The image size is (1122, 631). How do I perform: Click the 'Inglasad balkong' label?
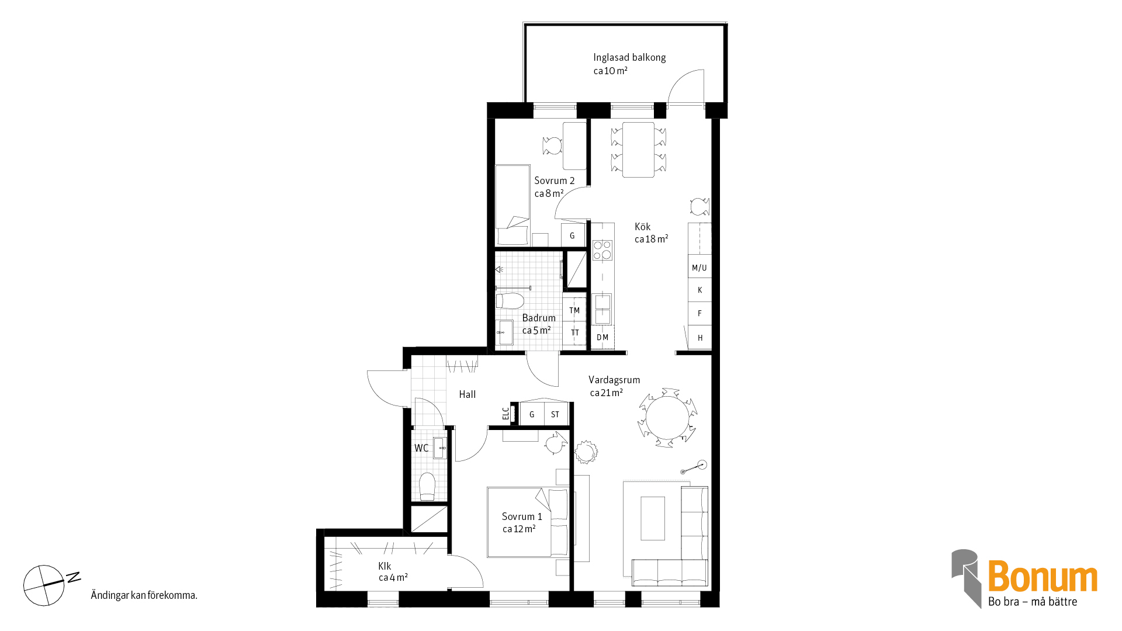tap(629, 57)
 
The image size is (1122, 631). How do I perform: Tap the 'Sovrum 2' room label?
tap(554, 181)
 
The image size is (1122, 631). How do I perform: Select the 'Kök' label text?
tap(642, 227)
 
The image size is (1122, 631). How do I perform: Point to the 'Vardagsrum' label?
tap(614, 380)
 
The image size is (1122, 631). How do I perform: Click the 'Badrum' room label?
tap(539, 318)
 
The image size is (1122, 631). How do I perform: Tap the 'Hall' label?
tap(467, 394)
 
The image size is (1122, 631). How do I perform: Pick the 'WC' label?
tap(421, 448)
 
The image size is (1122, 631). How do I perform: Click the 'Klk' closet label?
tap(385, 566)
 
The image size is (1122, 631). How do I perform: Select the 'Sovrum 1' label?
tap(522, 516)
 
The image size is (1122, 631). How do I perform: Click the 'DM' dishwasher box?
tap(602, 337)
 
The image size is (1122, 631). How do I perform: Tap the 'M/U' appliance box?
tap(699, 268)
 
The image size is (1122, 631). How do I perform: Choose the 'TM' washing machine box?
tap(574, 310)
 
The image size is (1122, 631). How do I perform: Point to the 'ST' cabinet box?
tap(556, 414)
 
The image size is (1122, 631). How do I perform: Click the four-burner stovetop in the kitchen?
tap(602, 250)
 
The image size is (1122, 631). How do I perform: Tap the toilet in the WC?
tap(427, 486)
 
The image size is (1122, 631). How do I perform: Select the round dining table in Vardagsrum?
tap(667, 418)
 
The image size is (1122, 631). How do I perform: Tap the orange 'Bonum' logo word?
tap(1043, 577)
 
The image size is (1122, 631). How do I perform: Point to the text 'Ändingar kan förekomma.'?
tap(144, 595)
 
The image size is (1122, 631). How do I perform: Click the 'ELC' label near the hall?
tap(505, 414)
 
